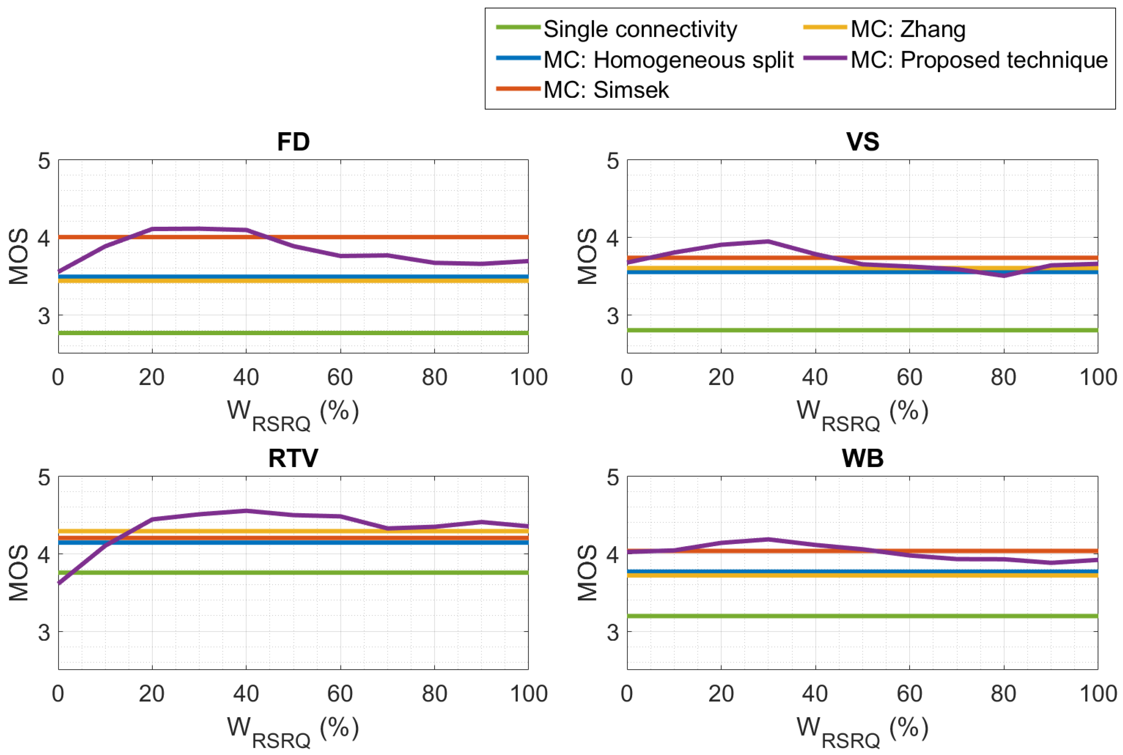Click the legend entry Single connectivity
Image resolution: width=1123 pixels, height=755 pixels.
[640, 29]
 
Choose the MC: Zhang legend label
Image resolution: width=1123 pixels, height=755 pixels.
[908, 29]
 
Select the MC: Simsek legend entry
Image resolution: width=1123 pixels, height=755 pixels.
[606, 90]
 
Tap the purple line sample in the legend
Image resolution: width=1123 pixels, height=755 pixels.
[824, 58]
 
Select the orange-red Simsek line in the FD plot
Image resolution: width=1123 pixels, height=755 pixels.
[385, 237]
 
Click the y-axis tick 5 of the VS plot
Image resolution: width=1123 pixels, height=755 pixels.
[612, 161]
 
